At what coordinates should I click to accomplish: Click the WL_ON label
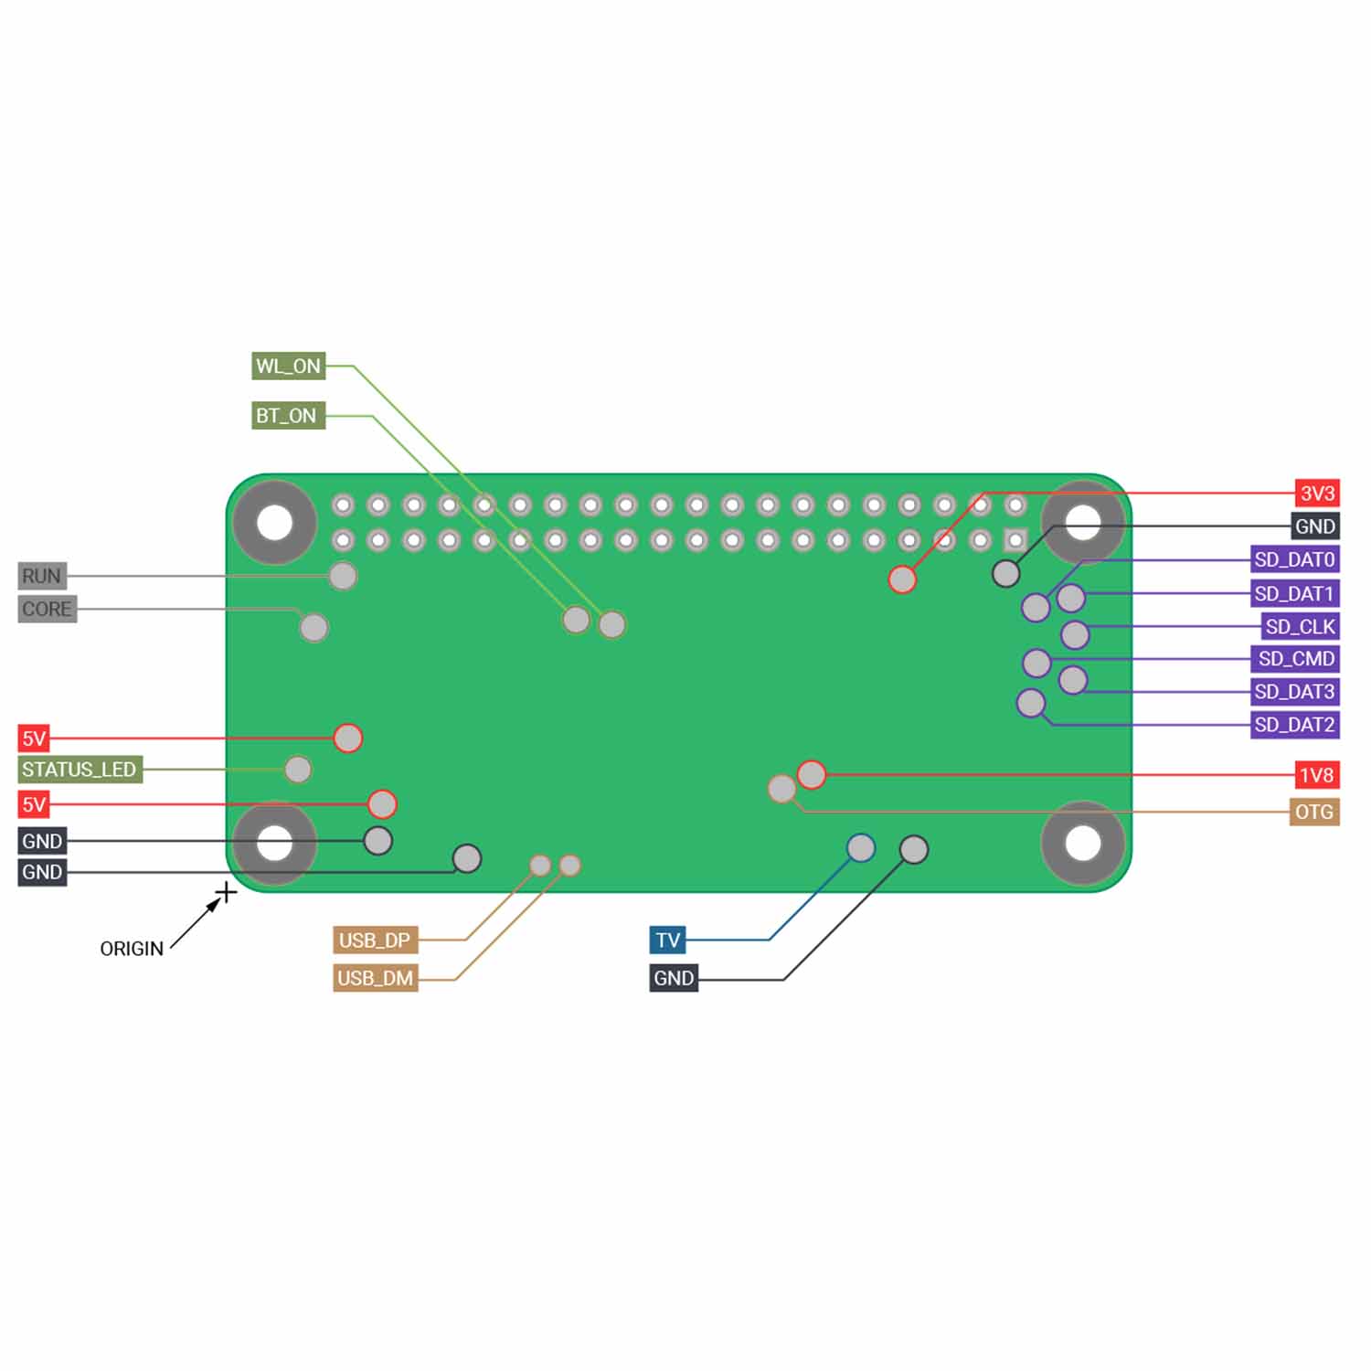point(289,367)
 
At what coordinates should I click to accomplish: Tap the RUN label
point(42,576)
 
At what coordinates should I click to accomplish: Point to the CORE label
point(48,609)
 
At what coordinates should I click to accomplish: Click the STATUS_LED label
point(80,770)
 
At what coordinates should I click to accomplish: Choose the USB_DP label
point(375,941)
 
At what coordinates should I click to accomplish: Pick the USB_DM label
point(375,978)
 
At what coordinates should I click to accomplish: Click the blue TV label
point(668,941)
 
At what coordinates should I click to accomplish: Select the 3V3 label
point(1317,494)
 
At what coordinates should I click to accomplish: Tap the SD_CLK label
point(1301,627)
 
